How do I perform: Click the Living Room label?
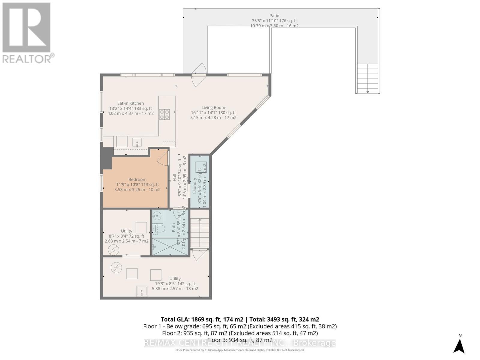(x=213, y=107)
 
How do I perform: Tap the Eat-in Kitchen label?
(x=130, y=103)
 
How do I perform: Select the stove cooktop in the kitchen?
(x=164, y=114)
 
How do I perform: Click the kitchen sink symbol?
(x=137, y=142)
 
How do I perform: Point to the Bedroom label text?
(x=137, y=179)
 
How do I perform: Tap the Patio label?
(x=274, y=16)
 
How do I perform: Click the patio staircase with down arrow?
(x=368, y=79)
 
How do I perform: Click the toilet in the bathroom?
(x=159, y=229)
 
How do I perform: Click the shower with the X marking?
(x=170, y=247)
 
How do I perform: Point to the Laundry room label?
(x=194, y=185)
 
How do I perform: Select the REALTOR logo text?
(x=28, y=58)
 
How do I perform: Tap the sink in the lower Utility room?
(x=142, y=291)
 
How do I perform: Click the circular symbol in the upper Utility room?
(x=113, y=250)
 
